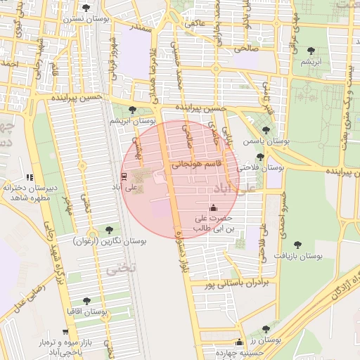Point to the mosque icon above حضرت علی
pyautogui.click(x=214, y=207)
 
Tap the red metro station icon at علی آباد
pyautogui.click(x=124, y=176)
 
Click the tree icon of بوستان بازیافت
pyautogui.click(x=298, y=245)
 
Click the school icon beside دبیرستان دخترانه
pyautogui.click(x=29, y=177)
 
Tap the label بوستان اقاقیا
pyautogui.click(x=86, y=310)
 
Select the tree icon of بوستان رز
pyautogui.click(x=265, y=329)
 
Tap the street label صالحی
pyautogui.click(x=246, y=49)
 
